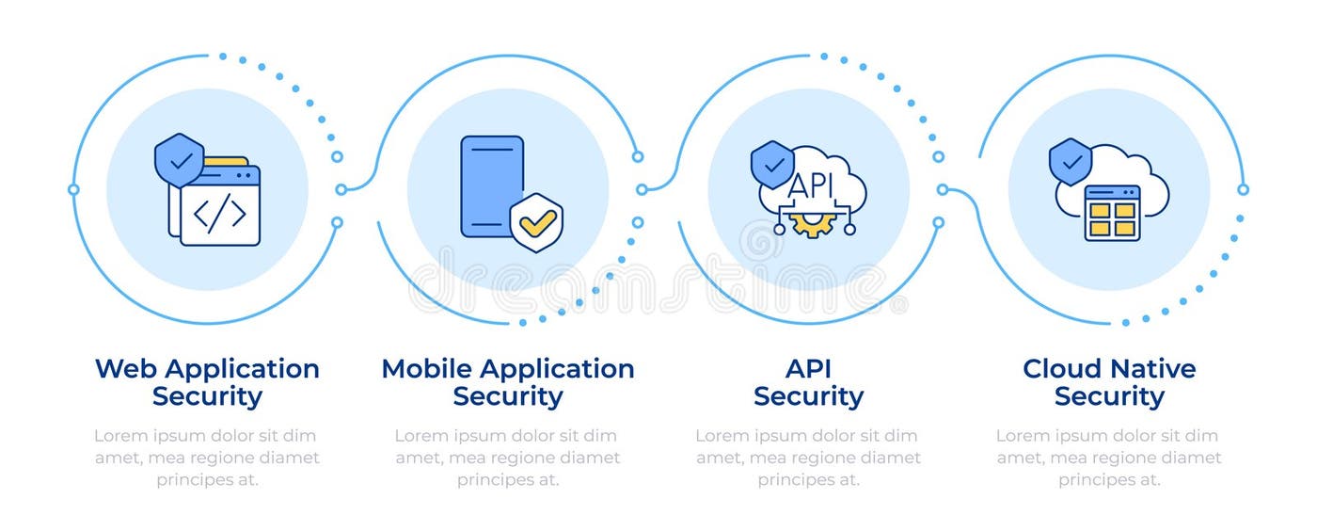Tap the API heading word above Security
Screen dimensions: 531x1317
(x=808, y=368)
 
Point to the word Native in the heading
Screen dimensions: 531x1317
(x=1152, y=368)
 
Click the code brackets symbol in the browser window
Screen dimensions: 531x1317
(x=219, y=214)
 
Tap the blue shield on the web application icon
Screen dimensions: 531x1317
(x=179, y=159)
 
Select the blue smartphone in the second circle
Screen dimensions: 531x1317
(x=491, y=186)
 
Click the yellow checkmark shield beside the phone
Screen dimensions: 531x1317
(x=536, y=222)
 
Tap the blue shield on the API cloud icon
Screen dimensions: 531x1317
(x=772, y=165)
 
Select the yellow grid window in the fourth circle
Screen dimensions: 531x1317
(x=1112, y=213)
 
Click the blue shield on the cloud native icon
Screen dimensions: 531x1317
(x=1071, y=162)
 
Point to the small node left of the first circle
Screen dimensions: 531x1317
(x=73, y=189)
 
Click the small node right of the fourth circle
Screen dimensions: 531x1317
(x=1243, y=189)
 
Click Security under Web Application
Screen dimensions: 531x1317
(x=207, y=396)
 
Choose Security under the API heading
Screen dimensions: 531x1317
(x=808, y=396)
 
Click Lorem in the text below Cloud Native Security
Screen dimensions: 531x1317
(x=1022, y=436)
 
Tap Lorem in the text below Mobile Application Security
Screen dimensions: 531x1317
(x=420, y=436)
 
